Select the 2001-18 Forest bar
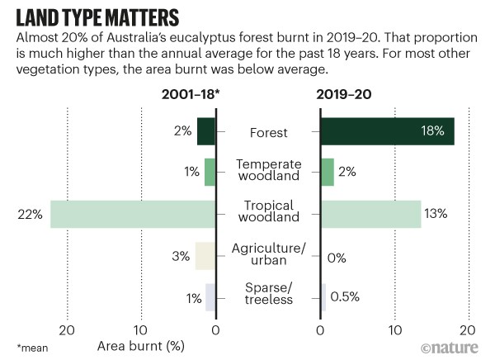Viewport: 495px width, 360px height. (x=206, y=131)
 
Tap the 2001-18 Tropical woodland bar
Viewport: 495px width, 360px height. (x=132, y=214)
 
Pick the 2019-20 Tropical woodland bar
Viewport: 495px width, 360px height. (x=370, y=214)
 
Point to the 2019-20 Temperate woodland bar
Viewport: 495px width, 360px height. (x=327, y=172)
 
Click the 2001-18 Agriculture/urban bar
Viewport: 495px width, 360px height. (x=205, y=256)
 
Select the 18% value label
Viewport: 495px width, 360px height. (x=432, y=131)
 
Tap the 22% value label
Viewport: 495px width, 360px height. (x=30, y=214)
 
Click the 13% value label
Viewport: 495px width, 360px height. (x=436, y=214)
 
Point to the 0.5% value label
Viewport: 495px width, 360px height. (x=344, y=296)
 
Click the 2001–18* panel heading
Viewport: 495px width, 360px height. (x=191, y=95)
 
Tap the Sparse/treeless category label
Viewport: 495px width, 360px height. (x=268, y=293)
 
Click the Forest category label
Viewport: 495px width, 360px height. (x=267, y=131)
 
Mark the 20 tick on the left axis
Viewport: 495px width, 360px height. (x=67, y=329)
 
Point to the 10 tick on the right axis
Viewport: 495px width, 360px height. (x=394, y=329)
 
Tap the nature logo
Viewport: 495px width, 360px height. (x=454, y=347)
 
